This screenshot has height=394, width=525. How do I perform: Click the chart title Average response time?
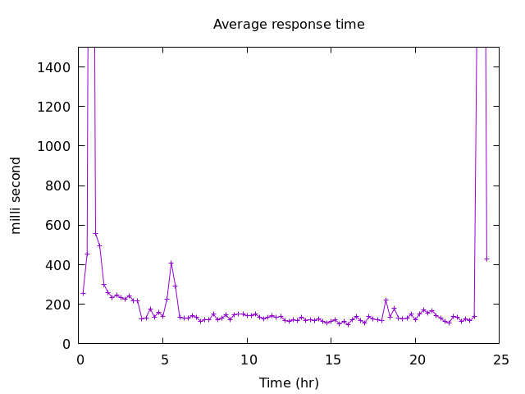point(289,25)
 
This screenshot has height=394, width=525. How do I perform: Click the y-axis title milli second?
point(16,195)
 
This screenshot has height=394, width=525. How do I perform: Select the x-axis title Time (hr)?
point(289,383)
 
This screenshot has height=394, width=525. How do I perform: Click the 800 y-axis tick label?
point(58,186)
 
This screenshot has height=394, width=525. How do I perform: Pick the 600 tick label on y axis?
point(58,225)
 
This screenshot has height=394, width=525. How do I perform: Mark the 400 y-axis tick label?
point(58,265)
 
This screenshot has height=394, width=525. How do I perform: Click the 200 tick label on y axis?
point(58,305)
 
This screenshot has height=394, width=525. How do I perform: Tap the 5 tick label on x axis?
point(164,360)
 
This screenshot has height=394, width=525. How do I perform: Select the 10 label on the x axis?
point(249,360)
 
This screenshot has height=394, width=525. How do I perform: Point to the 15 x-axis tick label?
point(333,360)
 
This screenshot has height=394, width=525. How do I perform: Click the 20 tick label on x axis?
point(417,360)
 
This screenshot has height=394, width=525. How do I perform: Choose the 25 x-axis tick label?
point(501,360)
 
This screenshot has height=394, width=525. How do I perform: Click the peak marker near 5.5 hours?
point(171,263)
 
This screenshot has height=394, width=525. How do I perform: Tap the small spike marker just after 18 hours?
point(386,300)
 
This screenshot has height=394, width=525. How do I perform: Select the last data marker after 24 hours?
point(486,259)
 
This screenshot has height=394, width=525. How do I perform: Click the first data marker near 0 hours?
point(83,293)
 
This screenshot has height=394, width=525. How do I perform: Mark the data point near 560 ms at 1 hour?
point(95,233)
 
